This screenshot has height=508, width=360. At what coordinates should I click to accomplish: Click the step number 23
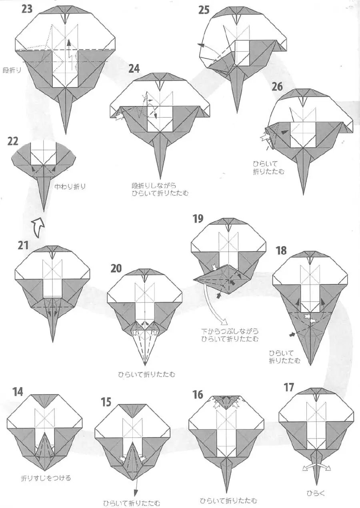pos(27,9)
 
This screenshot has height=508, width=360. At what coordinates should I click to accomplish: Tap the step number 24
pos(134,68)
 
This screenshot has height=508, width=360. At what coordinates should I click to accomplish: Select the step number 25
pos(204,10)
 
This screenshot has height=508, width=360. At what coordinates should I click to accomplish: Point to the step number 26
pos(277,86)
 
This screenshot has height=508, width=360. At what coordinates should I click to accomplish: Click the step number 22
pos(13,141)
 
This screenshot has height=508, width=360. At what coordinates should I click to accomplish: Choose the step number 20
pos(116,268)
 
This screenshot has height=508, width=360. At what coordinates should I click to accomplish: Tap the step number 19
pos(198,219)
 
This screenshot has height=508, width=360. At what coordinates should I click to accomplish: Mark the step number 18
pos(281,251)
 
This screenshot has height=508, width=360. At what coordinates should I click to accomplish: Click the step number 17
pos(289,387)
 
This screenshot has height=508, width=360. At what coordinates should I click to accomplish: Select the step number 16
pos(198,395)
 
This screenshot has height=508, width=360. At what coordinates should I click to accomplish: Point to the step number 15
pos(106,402)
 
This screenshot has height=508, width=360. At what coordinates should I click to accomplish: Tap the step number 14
pos(18,392)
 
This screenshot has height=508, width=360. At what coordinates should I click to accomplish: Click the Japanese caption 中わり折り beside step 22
pos(70,186)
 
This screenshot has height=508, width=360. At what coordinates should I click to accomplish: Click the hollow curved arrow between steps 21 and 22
pos(38,227)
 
